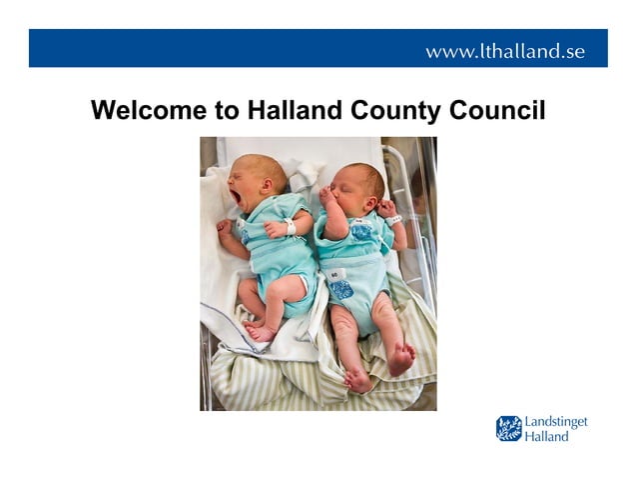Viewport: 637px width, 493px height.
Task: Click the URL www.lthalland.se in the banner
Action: [x=505, y=51]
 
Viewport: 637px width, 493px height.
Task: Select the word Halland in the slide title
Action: [x=290, y=111]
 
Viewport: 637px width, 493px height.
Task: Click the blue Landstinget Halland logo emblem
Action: [x=509, y=429]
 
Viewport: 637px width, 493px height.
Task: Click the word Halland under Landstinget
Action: [x=548, y=436]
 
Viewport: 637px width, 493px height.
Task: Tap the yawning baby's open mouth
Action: [x=237, y=195]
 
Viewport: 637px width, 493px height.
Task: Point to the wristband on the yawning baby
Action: [x=289, y=227]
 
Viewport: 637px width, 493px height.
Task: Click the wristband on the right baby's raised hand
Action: [x=394, y=218]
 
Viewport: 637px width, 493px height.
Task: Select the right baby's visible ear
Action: [x=364, y=188]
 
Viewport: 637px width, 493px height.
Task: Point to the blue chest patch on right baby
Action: [x=360, y=232]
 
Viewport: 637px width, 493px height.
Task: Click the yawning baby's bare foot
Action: [x=258, y=331]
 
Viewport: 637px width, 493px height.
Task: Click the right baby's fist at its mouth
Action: [x=328, y=197]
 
